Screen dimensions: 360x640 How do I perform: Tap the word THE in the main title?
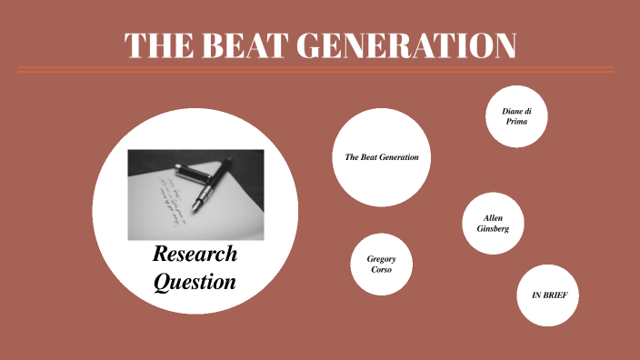coord(155,46)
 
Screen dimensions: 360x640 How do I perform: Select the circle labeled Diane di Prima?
coord(516,115)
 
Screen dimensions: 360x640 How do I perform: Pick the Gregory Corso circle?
coord(381,264)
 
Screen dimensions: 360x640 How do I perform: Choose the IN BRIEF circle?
coord(549,295)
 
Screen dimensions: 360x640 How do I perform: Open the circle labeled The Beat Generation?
coord(382,157)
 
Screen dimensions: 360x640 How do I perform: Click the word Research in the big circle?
coord(195,254)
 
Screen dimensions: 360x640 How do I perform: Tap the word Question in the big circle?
coord(195,282)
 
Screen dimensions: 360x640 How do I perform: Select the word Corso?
coord(381,269)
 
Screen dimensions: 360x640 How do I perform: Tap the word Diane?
coord(512,111)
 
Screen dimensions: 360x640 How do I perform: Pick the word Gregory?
coord(381,258)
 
